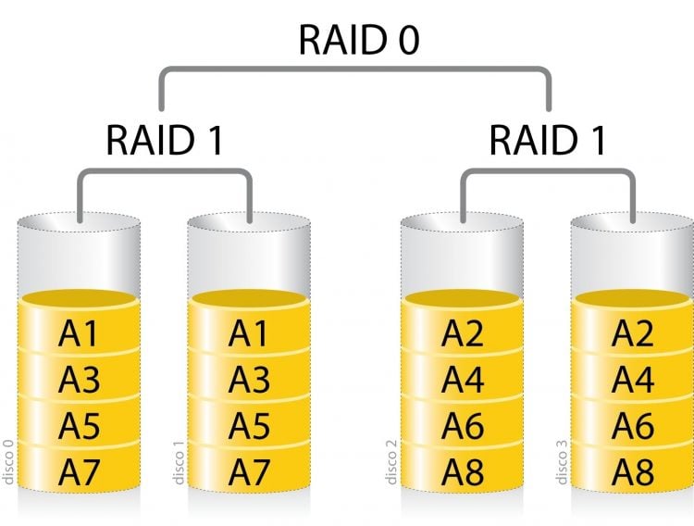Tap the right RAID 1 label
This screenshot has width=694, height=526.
548,141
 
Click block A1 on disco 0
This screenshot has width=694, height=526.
79,333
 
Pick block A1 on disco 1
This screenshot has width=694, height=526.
248,333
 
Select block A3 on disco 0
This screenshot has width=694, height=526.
79,380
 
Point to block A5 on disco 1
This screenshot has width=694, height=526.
248,426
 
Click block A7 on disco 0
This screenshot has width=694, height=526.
79,472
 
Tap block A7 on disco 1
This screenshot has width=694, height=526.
248,472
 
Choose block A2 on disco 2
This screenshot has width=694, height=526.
463,333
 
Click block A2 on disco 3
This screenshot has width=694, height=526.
633,333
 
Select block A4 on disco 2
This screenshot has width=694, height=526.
463,380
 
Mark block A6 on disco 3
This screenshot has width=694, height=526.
633,426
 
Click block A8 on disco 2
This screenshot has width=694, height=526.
463,472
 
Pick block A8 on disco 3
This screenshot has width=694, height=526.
633,472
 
